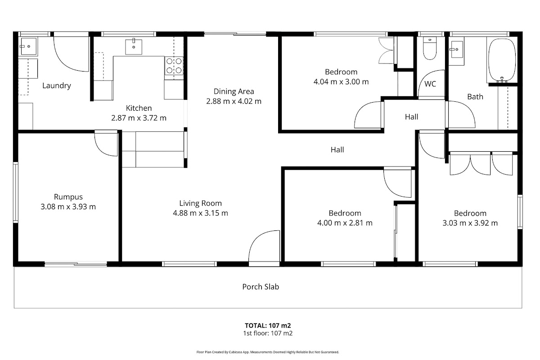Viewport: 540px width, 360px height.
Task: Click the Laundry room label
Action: click(57, 85)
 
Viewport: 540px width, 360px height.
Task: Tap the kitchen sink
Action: click(134, 46)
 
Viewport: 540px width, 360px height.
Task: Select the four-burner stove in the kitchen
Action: click(174, 66)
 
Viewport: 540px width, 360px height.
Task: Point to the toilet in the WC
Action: click(430, 49)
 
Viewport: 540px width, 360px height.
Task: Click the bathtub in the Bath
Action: click(502, 60)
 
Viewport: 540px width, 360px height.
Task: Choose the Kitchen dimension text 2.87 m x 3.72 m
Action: click(139, 118)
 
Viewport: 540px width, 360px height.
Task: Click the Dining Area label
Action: click(234, 91)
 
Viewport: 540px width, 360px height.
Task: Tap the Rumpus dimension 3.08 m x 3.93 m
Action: click(68, 207)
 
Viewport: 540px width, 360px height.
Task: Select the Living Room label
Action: click(201, 203)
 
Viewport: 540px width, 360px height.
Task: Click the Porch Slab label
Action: click(261, 287)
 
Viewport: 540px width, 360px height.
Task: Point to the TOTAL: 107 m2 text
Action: click(268, 325)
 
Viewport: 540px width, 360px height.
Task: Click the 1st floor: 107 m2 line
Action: click(268, 333)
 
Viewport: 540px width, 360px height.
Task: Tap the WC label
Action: click(430, 84)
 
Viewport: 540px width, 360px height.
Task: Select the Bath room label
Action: click(475, 97)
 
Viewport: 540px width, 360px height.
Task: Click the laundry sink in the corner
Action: click(28, 46)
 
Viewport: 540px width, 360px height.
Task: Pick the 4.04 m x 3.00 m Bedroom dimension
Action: click(341, 82)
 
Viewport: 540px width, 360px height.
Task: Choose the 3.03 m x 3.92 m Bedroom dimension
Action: click(470, 223)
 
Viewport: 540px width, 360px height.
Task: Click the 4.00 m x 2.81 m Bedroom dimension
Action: click(345, 223)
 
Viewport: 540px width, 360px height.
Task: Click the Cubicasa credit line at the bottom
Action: click(268, 352)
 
